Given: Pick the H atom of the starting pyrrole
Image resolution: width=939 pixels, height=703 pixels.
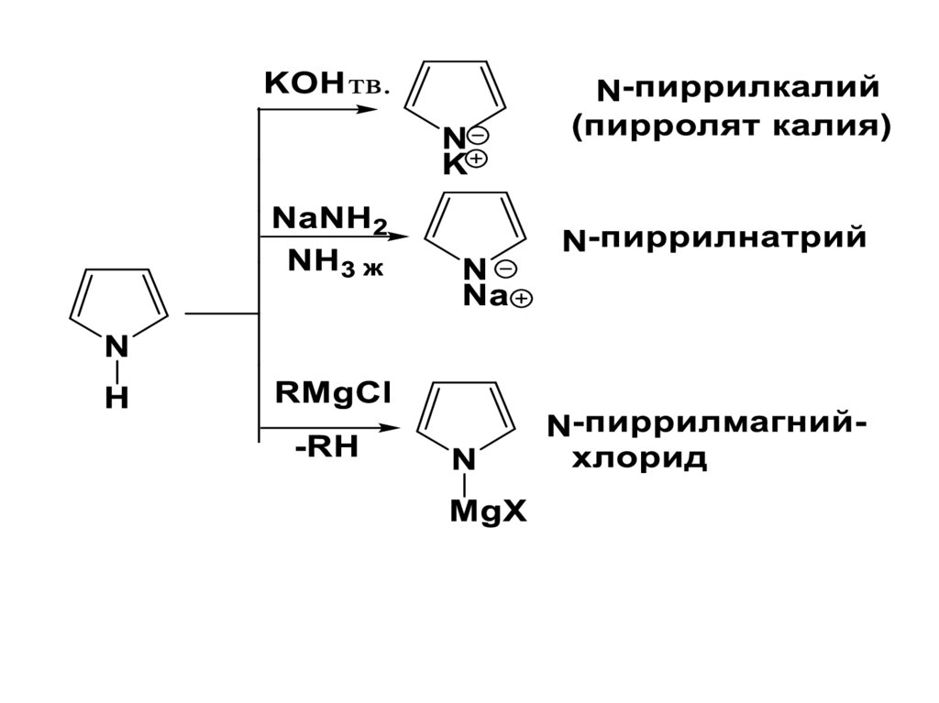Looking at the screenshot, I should coord(116,400).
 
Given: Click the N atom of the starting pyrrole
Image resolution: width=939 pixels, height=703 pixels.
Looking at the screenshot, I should coord(117,347).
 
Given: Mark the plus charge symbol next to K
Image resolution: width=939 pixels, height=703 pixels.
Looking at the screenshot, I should coord(479,159).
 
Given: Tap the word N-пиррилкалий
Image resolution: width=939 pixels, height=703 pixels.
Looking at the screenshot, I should coord(738,90).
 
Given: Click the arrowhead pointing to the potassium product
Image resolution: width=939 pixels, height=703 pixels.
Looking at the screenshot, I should coord(370,109).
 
